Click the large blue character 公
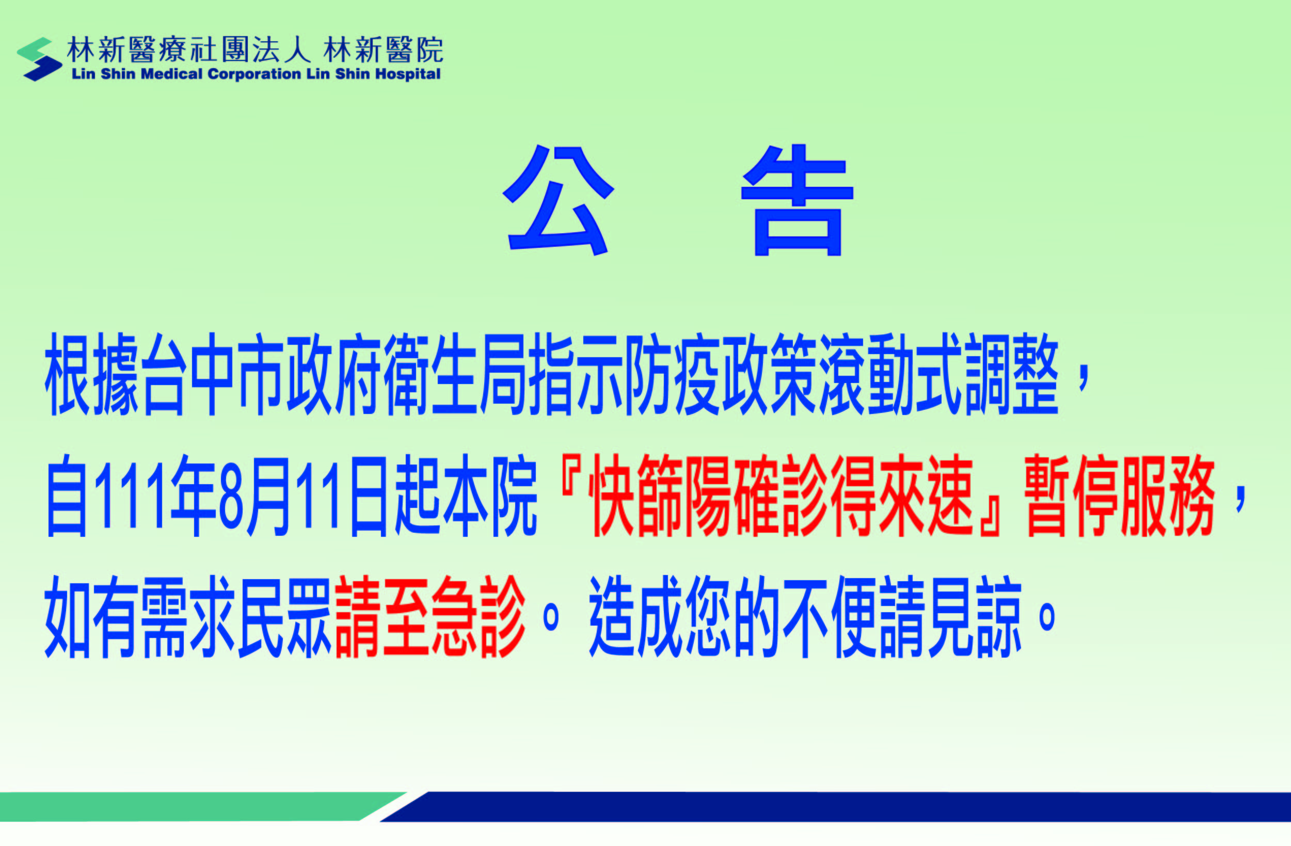point(558,200)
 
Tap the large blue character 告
point(798,200)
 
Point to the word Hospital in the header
point(408,74)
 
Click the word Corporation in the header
point(254,74)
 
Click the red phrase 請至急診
point(431,617)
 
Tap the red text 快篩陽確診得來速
point(780,496)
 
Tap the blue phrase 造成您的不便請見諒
point(805,617)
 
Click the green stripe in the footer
point(201,806)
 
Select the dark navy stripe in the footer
point(835,806)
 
